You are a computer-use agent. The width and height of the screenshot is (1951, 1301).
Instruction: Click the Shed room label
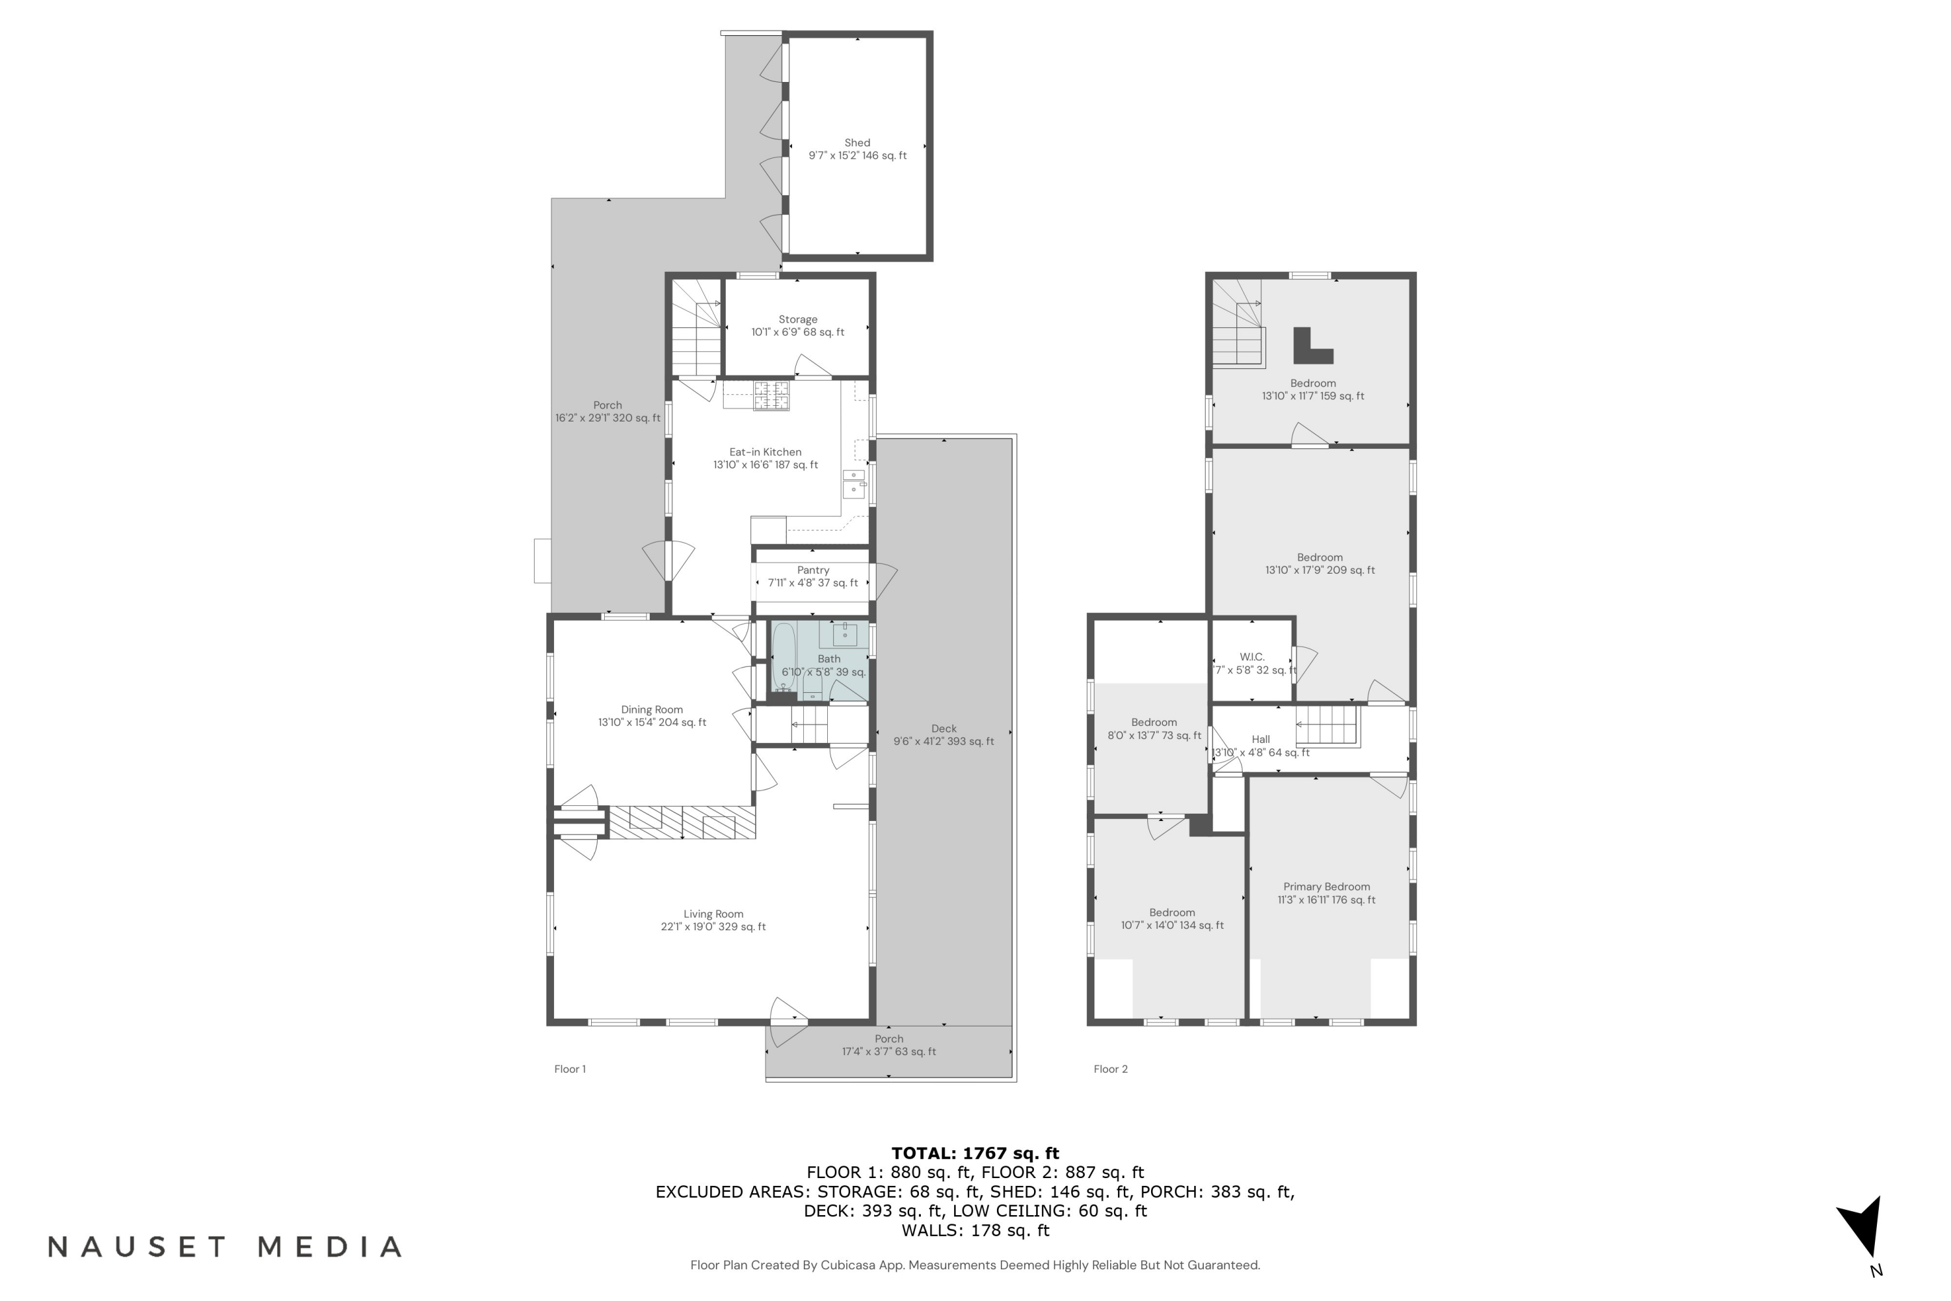coord(857,142)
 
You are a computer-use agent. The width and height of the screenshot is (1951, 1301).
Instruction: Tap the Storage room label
coord(797,319)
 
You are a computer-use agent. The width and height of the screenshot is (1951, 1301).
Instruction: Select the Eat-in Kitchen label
coord(765,452)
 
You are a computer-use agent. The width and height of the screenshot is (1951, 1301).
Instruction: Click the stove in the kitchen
coord(771,396)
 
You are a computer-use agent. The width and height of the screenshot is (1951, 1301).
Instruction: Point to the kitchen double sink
coord(853,483)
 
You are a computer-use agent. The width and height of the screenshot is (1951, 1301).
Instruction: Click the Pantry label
coord(813,570)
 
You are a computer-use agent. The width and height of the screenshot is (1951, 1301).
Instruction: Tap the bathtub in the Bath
coord(783,658)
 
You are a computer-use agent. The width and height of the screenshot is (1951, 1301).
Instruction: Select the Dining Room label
coord(652,710)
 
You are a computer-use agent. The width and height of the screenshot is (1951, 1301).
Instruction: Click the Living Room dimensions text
coord(713,927)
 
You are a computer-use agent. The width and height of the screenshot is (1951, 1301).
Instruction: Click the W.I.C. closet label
coord(1252,656)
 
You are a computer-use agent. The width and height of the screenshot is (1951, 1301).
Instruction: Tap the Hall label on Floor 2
coord(1260,739)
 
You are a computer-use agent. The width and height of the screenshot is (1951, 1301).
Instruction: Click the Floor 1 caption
coord(570,1069)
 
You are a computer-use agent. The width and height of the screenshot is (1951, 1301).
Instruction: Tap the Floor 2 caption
coord(1110,1069)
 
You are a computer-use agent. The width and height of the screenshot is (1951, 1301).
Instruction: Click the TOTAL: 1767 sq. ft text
coord(975,1153)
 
